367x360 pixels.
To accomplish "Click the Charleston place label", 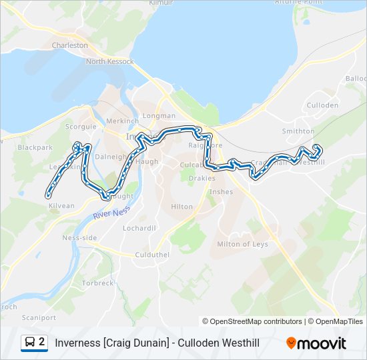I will click(70, 45).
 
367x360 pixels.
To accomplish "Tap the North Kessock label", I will click(109, 62).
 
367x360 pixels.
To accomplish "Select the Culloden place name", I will click(322, 105).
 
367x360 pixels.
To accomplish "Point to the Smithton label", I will click(298, 131).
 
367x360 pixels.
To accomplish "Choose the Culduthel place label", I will click(149, 255).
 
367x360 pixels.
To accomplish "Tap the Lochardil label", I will click(139, 228).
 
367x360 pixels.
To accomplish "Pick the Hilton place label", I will click(181, 207).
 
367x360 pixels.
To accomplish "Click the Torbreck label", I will click(98, 283).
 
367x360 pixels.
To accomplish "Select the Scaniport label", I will click(39, 318).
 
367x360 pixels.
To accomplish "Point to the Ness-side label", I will click(79, 238).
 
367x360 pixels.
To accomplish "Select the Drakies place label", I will click(202, 178).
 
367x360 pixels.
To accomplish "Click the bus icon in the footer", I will click(30, 343).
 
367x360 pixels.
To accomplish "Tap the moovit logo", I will click(316, 343).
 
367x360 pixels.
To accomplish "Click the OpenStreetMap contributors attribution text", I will click(252, 321).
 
